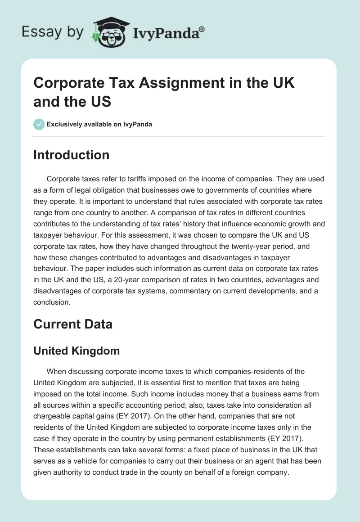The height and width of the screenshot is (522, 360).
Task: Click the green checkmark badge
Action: point(39,124)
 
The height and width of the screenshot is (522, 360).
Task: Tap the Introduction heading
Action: point(71,155)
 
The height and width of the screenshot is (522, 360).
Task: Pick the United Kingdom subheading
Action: point(76,351)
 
